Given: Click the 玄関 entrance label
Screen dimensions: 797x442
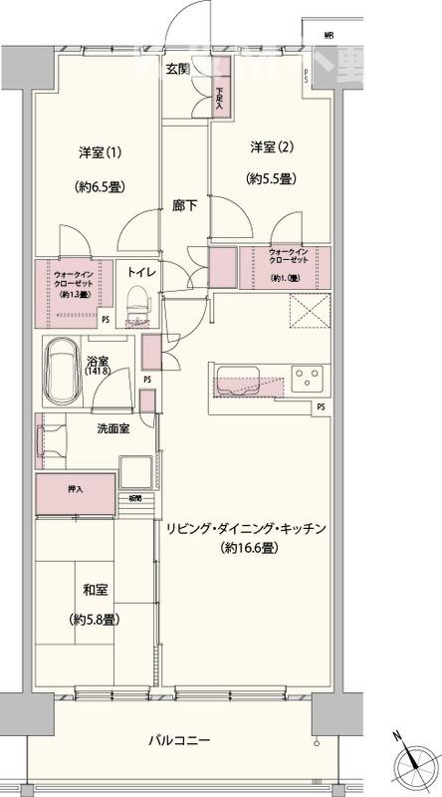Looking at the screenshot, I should (x=178, y=69).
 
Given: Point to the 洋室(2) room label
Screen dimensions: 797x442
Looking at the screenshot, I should (x=270, y=147).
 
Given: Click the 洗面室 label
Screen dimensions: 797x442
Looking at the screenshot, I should (x=111, y=428).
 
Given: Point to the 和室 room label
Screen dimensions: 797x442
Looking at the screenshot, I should (x=97, y=588).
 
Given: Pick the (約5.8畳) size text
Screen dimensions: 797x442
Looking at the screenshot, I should (x=97, y=620).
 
